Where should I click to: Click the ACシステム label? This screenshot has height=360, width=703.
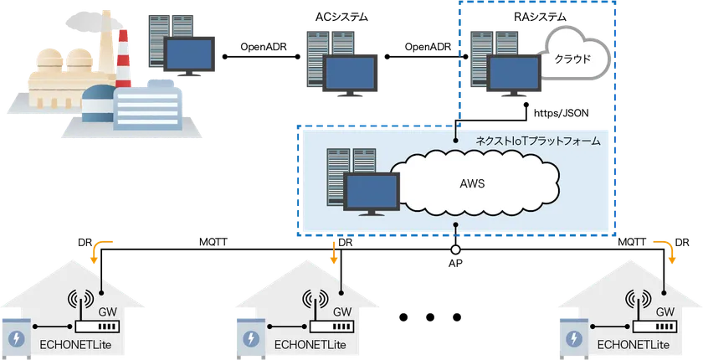pos(341,17)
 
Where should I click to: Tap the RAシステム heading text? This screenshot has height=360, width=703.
pos(539,17)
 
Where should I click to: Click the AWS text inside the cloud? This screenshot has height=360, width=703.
pos(472,183)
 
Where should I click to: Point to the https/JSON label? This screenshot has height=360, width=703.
pos(561,113)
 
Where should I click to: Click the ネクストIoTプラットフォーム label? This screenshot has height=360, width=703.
pos(537,141)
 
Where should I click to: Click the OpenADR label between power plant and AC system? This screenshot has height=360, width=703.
pos(263,47)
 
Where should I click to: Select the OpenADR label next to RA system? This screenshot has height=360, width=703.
pos(428,47)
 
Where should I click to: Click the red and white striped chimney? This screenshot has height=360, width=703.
pos(123,59)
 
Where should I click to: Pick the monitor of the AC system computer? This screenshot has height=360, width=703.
pos(351,75)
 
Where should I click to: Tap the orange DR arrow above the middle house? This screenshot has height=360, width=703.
pos(334,252)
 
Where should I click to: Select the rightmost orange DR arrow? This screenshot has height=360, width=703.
pos(663,250)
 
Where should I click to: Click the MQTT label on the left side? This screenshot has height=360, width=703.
pos(213,243)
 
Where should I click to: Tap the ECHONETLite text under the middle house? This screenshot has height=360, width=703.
pos(310,345)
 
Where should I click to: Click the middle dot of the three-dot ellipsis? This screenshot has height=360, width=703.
pos(430,317)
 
